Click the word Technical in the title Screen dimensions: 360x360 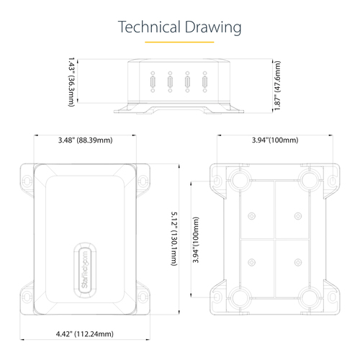[x=149, y=27]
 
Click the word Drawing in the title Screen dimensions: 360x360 [x=213, y=28]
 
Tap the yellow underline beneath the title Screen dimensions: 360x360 [x=179, y=42]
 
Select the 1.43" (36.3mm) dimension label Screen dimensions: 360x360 [x=71, y=82]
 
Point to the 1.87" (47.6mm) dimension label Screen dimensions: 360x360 [x=277, y=86]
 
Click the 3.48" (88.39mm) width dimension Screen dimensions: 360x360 [x=86, y=140]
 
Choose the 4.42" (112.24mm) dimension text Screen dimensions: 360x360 [x=85, y=334]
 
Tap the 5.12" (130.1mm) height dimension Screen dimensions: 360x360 [x=174, y=238]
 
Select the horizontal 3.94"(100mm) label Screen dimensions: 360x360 [x=275, y=140]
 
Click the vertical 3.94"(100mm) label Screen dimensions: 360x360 [x=196, y=240]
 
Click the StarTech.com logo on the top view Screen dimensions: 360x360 [x=85, y=270]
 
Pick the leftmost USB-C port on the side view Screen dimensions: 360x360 [x=153, y=82]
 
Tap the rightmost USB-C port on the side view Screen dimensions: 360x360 [x=204, y=82]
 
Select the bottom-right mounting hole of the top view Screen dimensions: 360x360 [x=143, y=297]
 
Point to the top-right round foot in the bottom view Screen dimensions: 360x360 [x=310, y=180]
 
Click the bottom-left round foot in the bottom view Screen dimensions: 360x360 [x=240, y=298]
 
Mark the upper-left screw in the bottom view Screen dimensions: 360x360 [x=251, y=216]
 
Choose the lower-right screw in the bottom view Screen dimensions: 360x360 [x=298, y=262]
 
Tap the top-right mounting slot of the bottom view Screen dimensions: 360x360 [x=333, y=181]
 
